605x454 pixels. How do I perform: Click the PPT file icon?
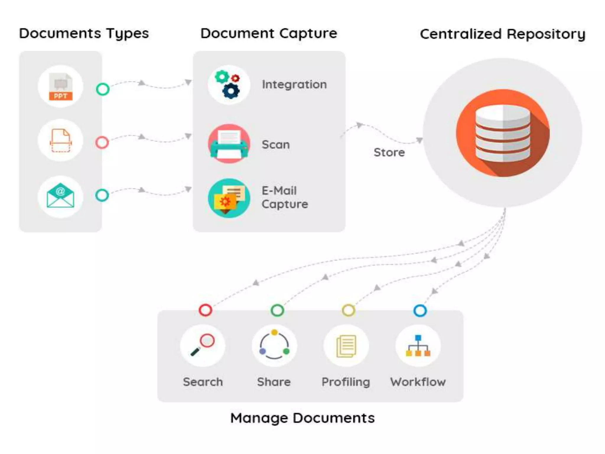click(61, 87)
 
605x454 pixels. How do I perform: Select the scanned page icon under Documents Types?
click(61, 141)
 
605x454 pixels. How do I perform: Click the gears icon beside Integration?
click(229, 85)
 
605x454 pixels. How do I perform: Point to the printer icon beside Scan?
click(229, 144)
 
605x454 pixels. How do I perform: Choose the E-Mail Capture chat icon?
click(229, 198)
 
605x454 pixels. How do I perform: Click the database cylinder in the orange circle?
click(503, 133)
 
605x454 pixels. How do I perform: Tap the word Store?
click(389, 153)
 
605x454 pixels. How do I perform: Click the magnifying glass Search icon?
click(203, 345)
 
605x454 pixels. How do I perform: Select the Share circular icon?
click(274, 345)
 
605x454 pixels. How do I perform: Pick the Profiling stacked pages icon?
click(346, 346)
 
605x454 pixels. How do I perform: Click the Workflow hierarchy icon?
click(418, 346)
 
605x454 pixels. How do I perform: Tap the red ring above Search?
click(205, 310)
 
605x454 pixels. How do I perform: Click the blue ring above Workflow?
click(420, 311)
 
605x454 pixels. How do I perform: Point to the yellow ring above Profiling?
click(348, 310)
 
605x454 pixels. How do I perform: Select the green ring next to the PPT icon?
click(103, 89)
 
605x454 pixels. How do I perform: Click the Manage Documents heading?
click(302, 418)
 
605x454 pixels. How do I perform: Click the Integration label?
click(294, 85)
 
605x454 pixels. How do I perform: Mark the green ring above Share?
click(277, 310)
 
